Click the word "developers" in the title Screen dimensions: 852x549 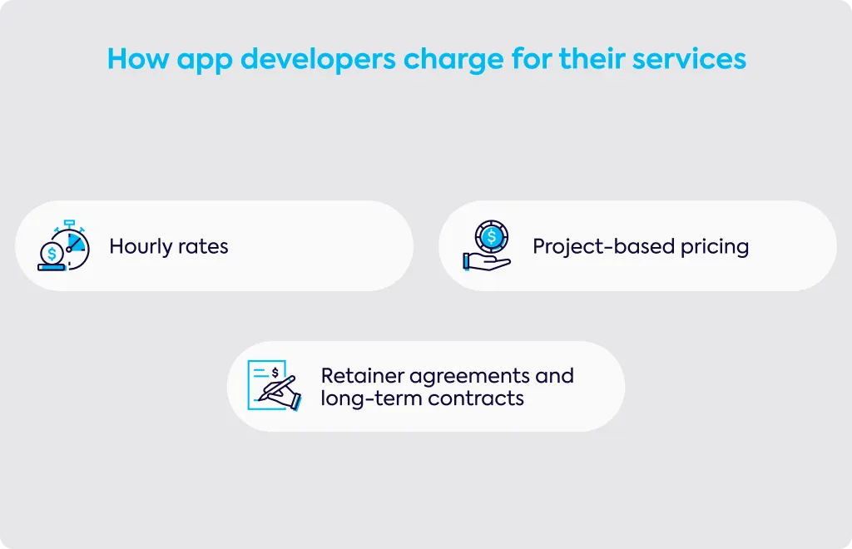coord(318,59)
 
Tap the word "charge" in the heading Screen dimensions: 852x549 coord(453,60)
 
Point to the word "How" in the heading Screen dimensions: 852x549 coord(138,58)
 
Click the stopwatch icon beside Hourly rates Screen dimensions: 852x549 coord(63,245)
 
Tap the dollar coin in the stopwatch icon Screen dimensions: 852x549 coord(52,253)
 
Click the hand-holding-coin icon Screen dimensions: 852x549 coord(487,245)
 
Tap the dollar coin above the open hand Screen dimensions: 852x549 coord(491,237)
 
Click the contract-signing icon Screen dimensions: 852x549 coord(275,386)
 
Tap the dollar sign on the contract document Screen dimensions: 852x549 coord(275,373)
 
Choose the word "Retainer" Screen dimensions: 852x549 coord(362,376)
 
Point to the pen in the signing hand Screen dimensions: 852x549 coord(276,388)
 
